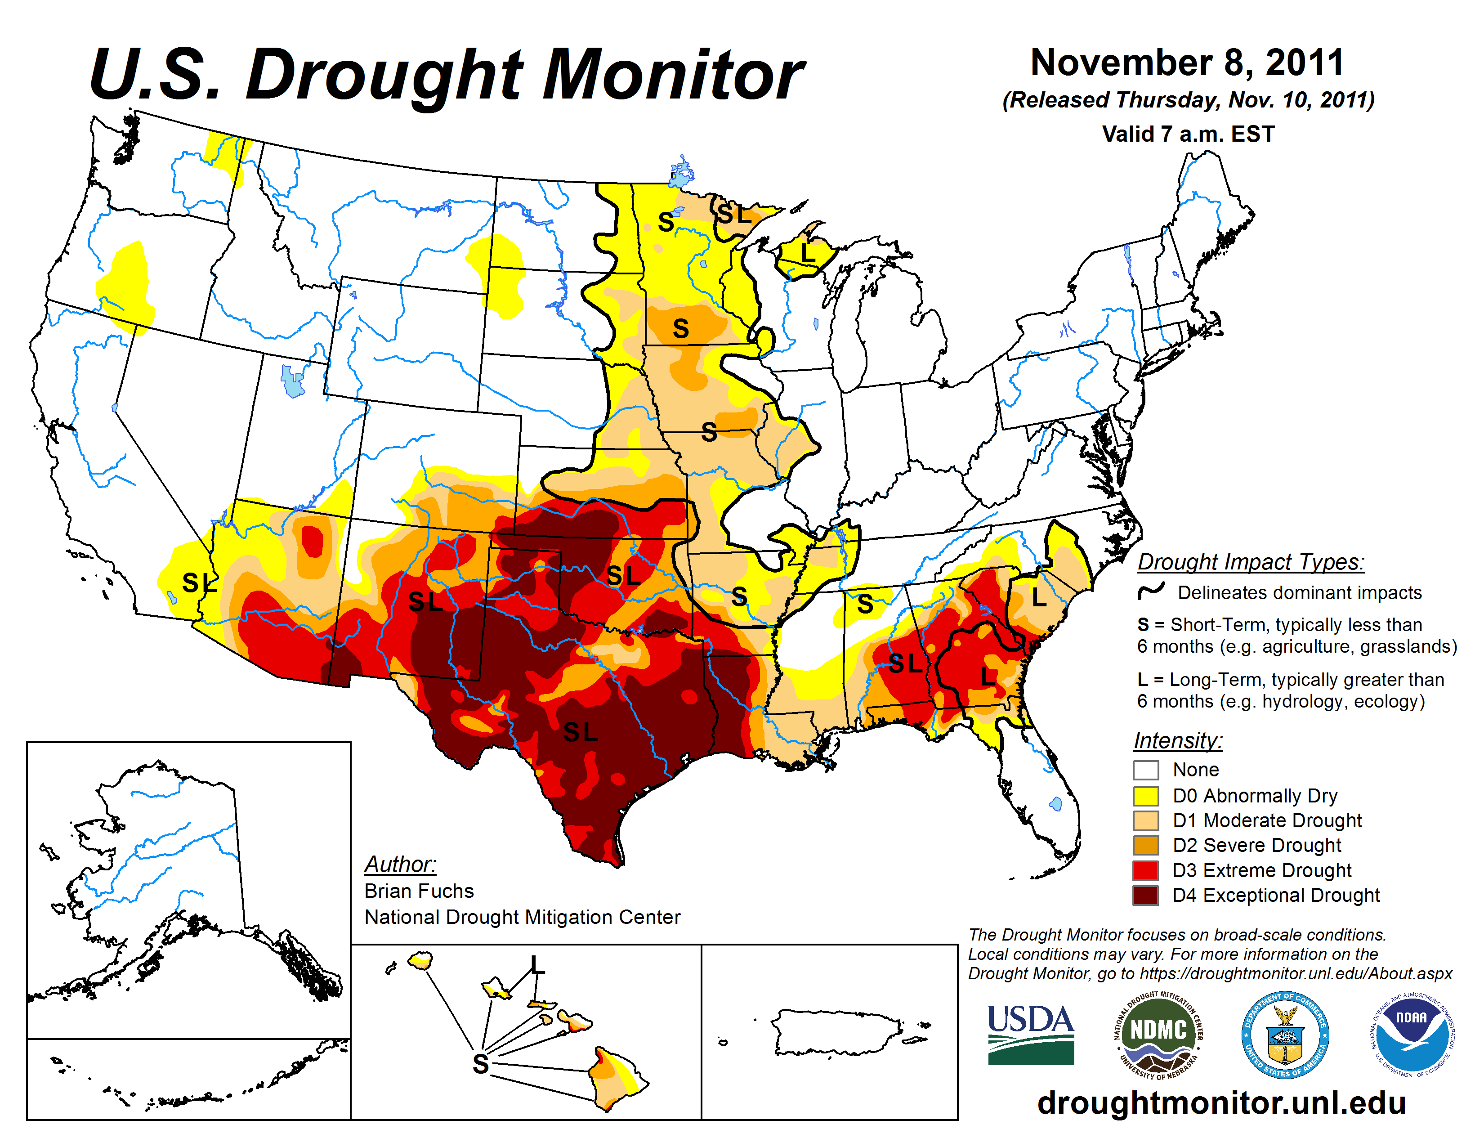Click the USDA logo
tap(1030, 1034)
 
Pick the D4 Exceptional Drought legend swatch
tap(1146, 896)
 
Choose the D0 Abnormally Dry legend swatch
tap(1146, 796)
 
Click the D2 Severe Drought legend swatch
tap(1146, 845)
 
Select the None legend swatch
tap(1146, 770)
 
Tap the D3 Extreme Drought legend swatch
tap(1146, 870)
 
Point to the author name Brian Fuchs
tap(419, 891)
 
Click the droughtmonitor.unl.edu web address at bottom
tap(1221, 1102)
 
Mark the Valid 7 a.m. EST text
tap(1188, 134)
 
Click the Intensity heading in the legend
tap(1178, 740)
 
